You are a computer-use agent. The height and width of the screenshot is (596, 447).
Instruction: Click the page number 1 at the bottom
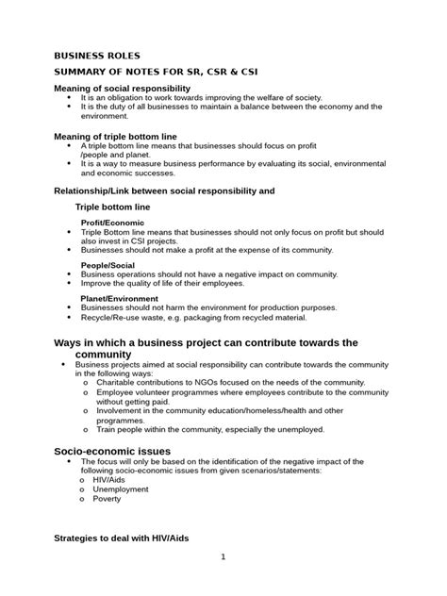[x=223, y=557]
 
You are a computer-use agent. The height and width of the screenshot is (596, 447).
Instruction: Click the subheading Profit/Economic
[x=112, y=223]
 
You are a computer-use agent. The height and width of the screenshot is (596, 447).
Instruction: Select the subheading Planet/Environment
[x=122, y=299]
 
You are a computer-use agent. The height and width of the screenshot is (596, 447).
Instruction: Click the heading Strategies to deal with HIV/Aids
[x=122, y=537]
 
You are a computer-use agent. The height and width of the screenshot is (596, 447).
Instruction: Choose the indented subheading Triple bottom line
[x=112, y=206]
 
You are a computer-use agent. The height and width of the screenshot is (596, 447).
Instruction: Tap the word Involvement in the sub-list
[x=120, y=410]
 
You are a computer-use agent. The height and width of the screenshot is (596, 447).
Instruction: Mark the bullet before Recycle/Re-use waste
[x=71, y=317]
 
